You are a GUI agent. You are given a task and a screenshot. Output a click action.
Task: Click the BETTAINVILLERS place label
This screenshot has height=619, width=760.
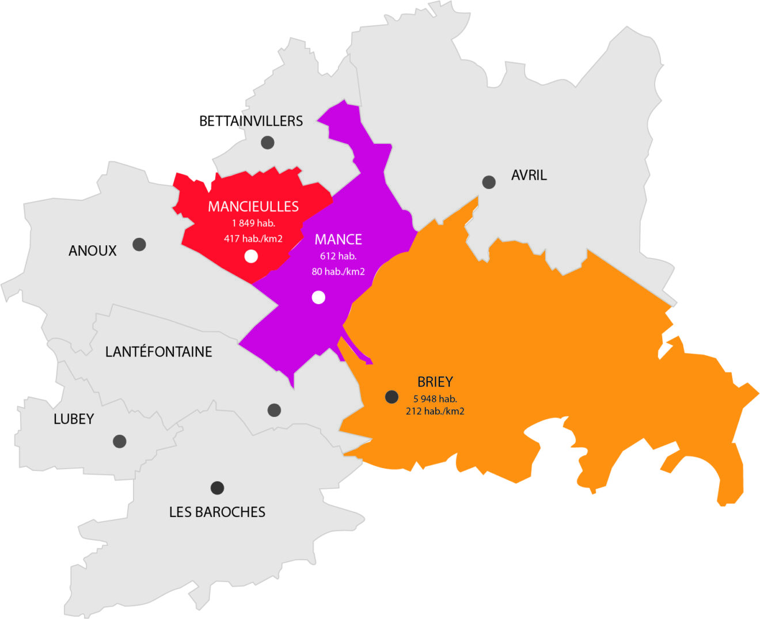(250, 121)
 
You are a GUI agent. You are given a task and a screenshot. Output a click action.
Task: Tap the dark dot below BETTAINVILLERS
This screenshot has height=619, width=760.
(267, 142)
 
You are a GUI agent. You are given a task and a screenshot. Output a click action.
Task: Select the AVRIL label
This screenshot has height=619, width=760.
(529, 175)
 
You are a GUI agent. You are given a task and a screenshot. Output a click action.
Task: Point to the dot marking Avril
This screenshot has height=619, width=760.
(489, 182)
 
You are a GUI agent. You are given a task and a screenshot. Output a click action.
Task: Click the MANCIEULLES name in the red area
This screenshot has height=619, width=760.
(253, 206)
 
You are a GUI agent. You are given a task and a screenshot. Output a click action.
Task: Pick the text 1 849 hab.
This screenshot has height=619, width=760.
(253, 223)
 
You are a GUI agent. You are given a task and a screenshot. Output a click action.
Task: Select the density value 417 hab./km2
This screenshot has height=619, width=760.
(253, 238)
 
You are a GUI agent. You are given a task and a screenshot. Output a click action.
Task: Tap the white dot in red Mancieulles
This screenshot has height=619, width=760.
(251, 256)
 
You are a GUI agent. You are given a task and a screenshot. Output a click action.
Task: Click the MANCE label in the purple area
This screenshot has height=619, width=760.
(338, 240)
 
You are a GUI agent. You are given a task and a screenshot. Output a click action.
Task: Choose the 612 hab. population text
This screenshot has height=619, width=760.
(338, 256)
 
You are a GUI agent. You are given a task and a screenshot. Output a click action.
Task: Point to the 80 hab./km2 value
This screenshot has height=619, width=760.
(338, 271)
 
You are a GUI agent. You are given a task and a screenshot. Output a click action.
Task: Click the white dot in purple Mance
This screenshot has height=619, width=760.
(318, 297)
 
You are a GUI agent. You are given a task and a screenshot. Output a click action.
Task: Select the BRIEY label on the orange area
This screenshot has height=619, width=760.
(435, 382)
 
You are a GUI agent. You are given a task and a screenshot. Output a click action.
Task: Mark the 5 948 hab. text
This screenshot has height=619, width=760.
(435, 398)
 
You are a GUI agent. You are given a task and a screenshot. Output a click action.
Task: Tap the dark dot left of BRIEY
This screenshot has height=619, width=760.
(392, 397)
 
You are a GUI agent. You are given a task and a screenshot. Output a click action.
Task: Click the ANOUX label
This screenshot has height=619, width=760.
(92, 250)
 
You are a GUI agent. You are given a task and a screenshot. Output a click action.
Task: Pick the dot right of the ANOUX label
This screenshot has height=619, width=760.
(139, 244)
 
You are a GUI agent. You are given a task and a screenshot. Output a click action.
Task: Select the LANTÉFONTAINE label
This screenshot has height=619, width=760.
(158, 351)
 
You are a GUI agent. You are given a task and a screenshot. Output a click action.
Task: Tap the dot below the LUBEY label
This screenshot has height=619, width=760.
(120, 441)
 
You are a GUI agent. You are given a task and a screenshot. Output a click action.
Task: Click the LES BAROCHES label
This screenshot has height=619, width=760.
(217, 512)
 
